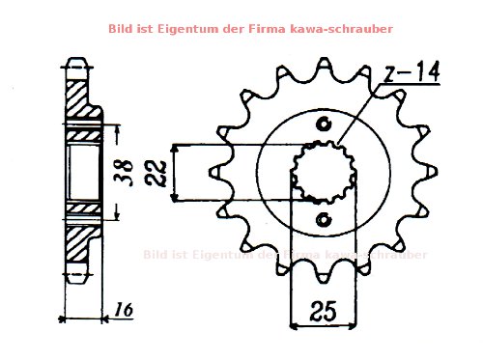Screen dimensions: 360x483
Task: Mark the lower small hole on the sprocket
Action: point(322,221)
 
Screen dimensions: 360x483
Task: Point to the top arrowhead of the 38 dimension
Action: point(119,128)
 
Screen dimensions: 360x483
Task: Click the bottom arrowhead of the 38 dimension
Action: point(119,216)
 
